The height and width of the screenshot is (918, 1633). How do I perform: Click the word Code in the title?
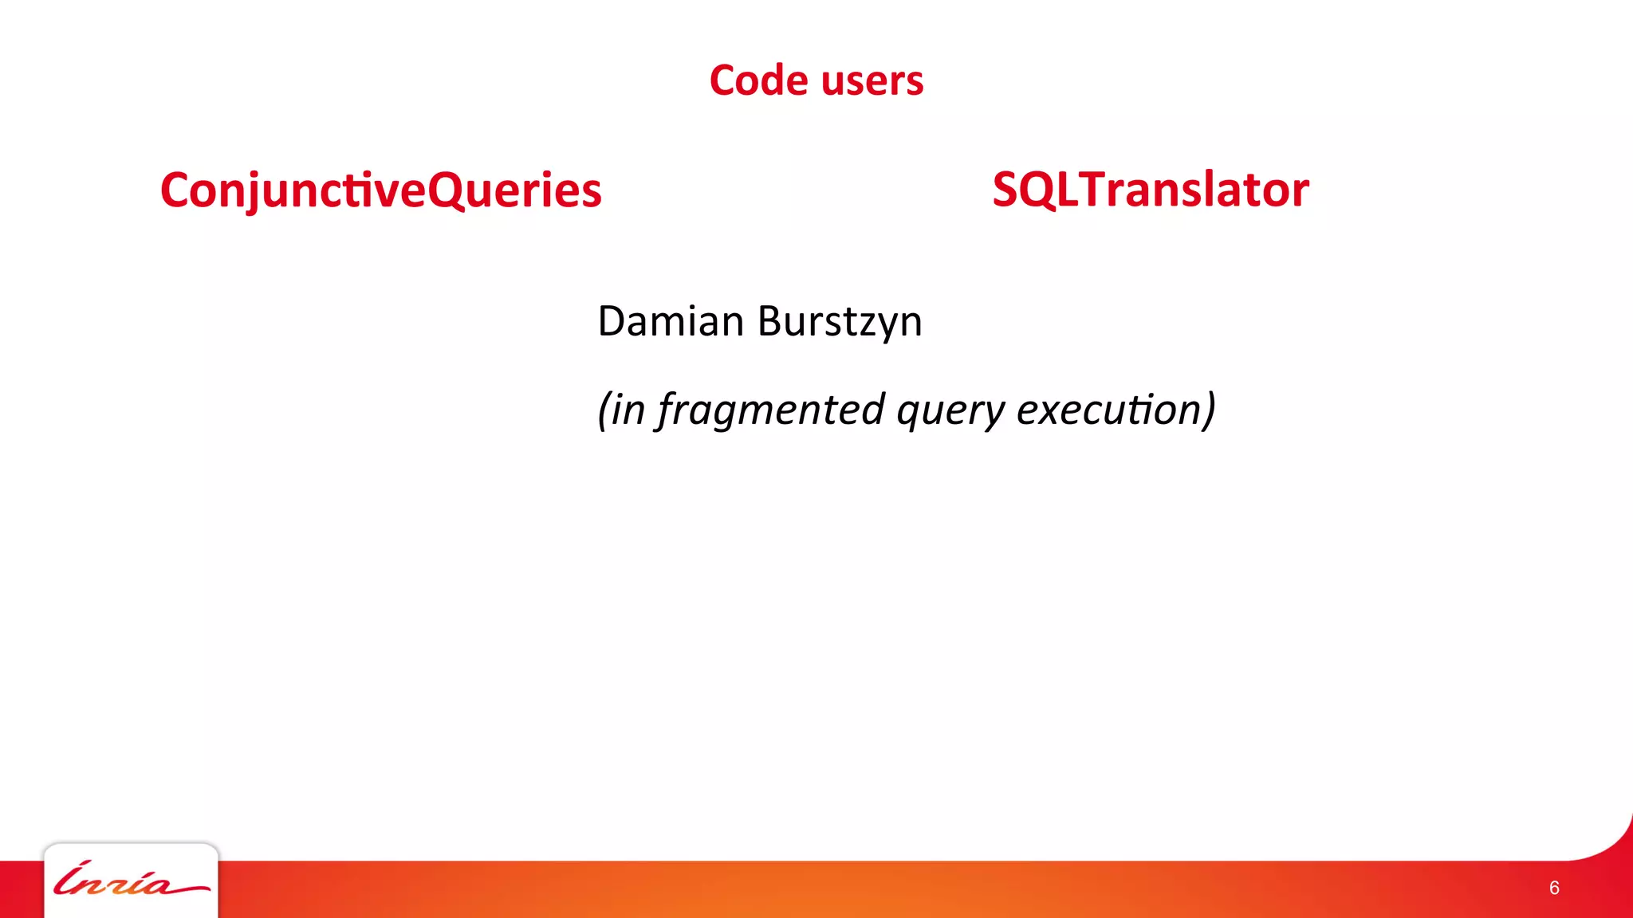pos(758,80)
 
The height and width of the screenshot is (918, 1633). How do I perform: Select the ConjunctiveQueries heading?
pos(380,190)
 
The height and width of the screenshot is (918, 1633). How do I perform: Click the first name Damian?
pos(671,321)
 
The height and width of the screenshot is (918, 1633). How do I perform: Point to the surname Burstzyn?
pos(840,323)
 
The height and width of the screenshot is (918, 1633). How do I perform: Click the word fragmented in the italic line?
pos(771,410)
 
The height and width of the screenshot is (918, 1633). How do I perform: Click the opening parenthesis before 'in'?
pos(604,410)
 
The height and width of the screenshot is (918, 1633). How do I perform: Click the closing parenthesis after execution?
pos(1210,410)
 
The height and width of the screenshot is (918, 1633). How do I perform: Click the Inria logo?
pos(131,881)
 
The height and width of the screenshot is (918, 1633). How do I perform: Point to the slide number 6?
pos(1554,888)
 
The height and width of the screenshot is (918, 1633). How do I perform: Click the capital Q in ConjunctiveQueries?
pos(450,190)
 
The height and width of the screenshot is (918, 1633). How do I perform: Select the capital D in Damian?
pos(612,321)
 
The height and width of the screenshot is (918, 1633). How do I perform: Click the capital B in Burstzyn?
pos(770,321)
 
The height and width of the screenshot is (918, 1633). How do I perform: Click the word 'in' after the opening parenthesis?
pos(628,410)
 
